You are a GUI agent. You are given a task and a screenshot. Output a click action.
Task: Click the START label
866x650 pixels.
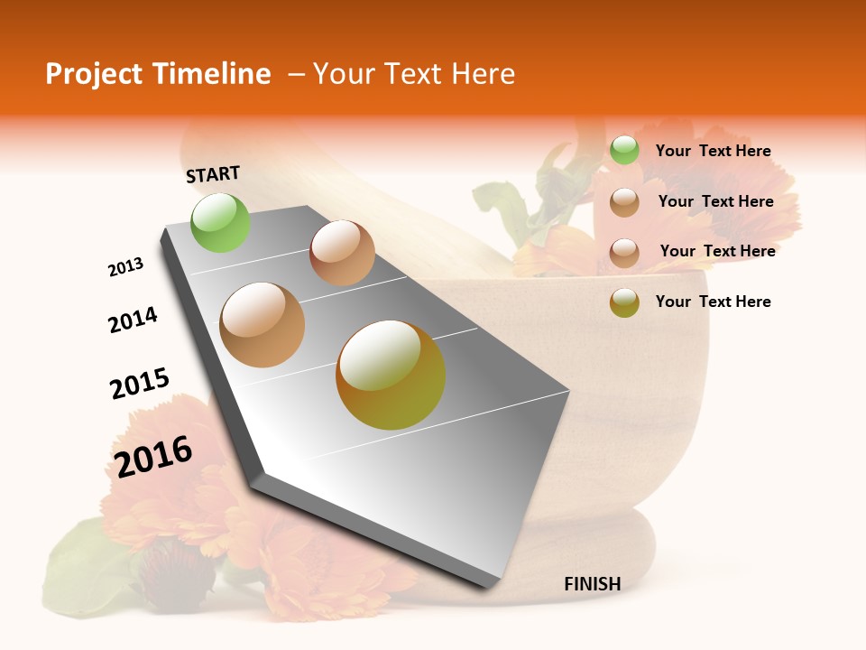(x=213, y=174)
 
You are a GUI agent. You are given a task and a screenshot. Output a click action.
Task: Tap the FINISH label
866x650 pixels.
(x=592, y=584)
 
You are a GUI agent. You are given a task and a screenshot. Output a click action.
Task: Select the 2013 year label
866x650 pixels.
(x=126, y=267)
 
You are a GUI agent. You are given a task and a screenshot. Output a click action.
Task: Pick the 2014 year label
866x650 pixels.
(x=133, y=320)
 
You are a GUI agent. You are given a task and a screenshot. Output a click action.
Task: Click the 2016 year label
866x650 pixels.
(x=153, y=456)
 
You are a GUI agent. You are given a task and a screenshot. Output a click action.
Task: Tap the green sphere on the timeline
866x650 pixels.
(x=221, y=222)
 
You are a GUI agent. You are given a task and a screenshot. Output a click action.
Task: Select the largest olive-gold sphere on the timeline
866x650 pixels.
(x=391, y=375)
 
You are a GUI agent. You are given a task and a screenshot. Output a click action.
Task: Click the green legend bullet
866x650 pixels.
(x=624, y=150)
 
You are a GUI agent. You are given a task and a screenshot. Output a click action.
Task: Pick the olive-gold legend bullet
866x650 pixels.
(x=624, y=302)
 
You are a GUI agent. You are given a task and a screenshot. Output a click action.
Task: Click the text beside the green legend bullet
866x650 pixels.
(x=713, y=152)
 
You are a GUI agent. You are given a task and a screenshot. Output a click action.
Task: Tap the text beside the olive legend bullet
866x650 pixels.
(x=713, y=302)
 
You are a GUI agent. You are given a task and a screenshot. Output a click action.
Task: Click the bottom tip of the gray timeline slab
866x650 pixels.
(x=488, y=587)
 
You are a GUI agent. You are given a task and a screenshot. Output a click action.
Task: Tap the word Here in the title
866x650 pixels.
(x=483, y=74)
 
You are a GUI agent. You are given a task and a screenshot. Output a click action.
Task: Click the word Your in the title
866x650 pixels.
(x=341, y=74)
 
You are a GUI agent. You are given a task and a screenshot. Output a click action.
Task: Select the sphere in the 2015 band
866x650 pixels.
(x=263, y=325)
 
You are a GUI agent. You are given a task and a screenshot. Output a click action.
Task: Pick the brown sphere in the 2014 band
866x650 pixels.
(x=342, y=253)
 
